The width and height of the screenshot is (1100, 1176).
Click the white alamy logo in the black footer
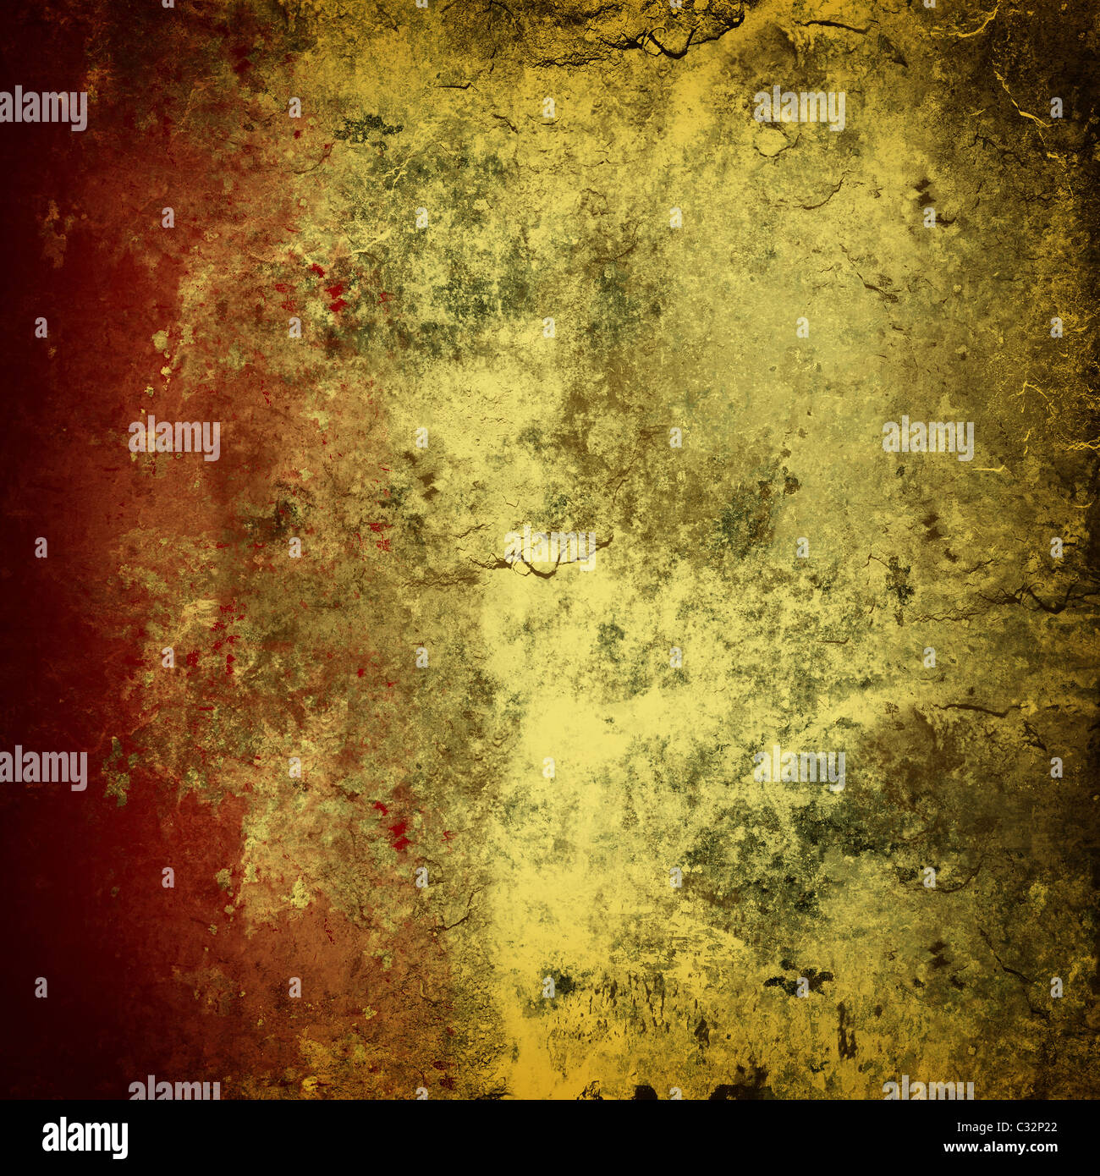[85, 1138]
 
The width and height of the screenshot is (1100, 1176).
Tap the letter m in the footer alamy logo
[102, 1138]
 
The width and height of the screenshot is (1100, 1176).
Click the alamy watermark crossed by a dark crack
[550, 548]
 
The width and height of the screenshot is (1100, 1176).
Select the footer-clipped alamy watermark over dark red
[174, 1089]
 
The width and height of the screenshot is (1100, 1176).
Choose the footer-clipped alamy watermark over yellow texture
[928, 1090]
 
